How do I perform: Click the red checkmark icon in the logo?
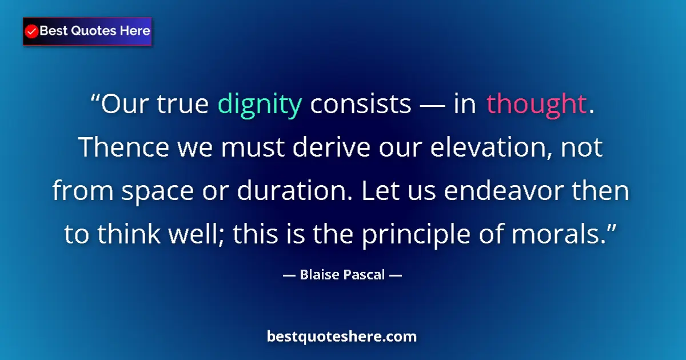tap(32, 31)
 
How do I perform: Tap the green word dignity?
tap(260, 105)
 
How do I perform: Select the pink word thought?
tap(536, 105)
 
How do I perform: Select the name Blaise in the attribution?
tap(321, 275)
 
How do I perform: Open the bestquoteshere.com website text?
tap(342, 337)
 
